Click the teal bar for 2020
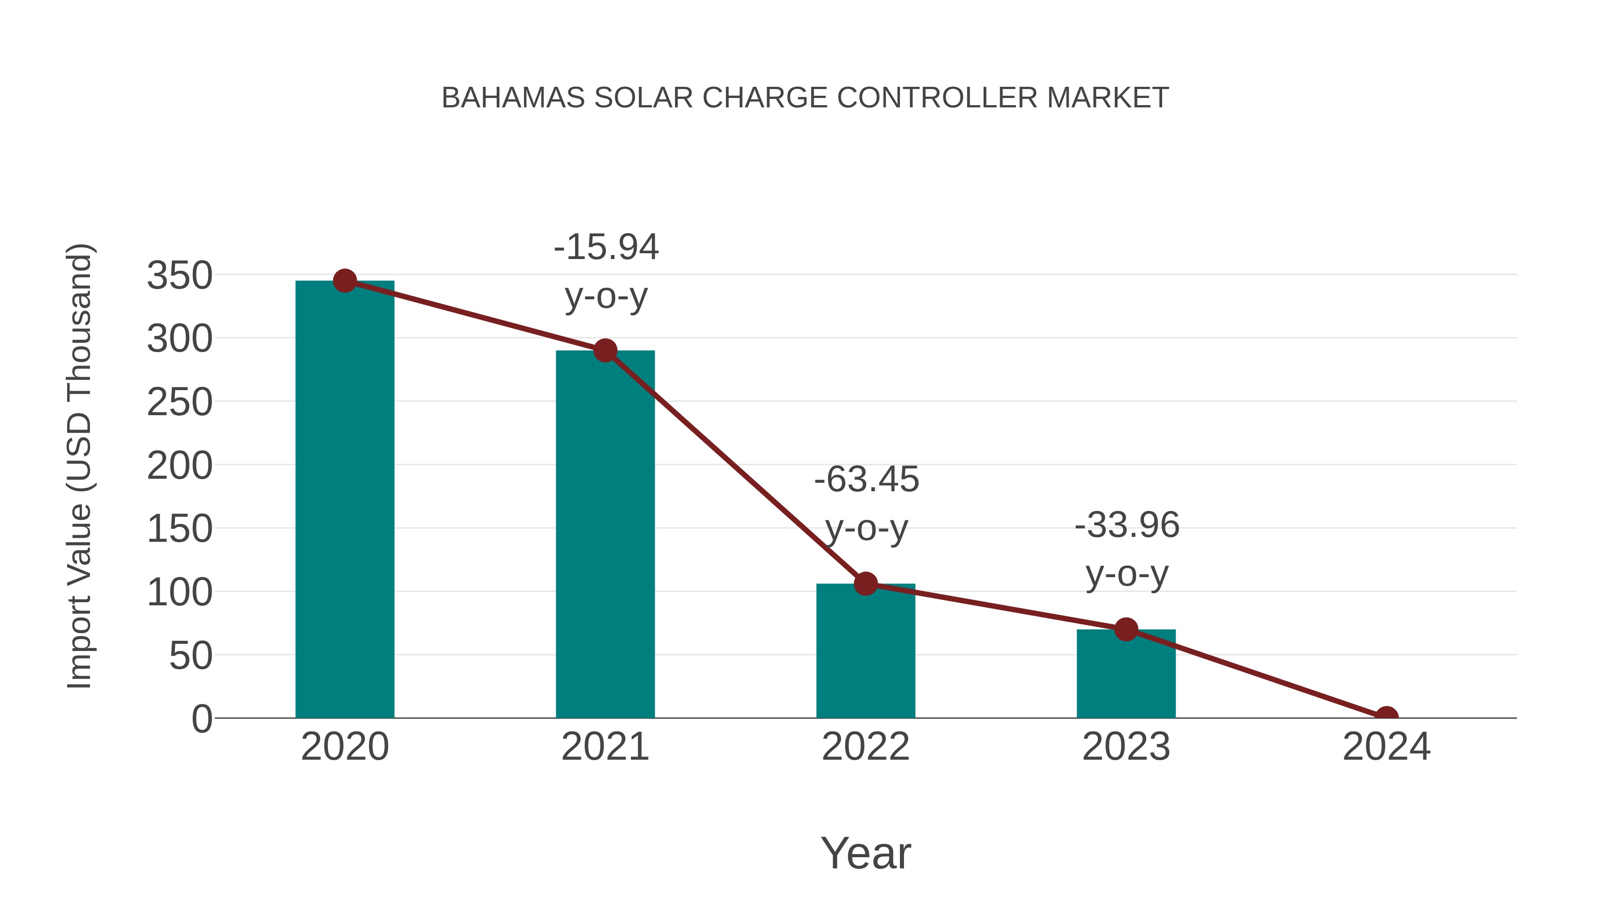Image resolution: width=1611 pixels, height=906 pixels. [345, 500]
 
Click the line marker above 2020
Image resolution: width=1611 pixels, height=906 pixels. [345, 281]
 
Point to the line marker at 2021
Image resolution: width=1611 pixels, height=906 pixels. [605, 351]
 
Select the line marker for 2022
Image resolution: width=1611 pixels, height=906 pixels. [865, 583]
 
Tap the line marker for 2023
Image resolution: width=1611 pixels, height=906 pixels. [1126, 630]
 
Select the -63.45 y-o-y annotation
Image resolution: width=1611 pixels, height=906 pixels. [866, 503]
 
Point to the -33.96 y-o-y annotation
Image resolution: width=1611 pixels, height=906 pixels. [1127, 549]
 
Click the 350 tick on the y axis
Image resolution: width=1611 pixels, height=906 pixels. [179, 275]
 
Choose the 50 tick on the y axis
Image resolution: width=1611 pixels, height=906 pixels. [191, 656]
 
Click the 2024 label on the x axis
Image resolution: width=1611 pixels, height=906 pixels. [1386, 747]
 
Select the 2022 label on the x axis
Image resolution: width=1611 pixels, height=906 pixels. [865, 747]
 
